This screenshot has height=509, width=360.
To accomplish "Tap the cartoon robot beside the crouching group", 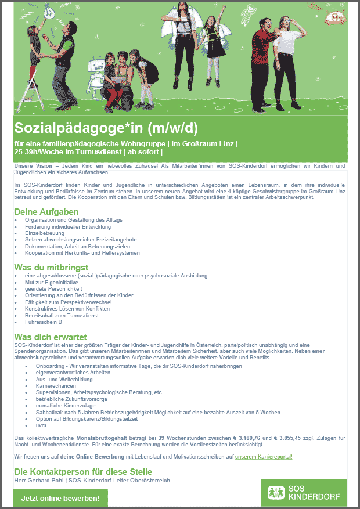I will [94, 73].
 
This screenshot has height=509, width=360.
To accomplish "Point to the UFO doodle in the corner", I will [335, 17].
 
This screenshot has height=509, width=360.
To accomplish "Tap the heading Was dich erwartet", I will [51, 337].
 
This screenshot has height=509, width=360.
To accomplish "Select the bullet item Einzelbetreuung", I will [44, 233].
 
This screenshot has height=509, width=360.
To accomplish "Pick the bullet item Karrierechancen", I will [55, 385].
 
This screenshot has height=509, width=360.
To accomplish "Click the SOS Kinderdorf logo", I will [304, 493].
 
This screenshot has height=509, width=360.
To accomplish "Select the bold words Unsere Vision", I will [32, 167].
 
